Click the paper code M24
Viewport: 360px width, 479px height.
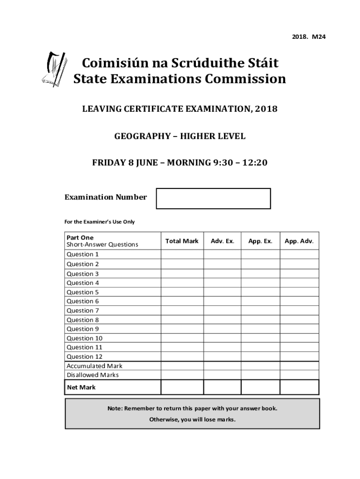coord(319,36)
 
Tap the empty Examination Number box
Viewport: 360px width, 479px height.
coord(213,198)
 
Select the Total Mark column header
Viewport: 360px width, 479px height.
coord(182,241)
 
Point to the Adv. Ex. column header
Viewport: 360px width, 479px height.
coord(222,241)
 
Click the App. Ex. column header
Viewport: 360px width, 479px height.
coord(260,241)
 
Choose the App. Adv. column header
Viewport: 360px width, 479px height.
coord(299,241)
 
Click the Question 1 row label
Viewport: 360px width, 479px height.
coord(83,254)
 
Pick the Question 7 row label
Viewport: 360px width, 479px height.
coord(83,311)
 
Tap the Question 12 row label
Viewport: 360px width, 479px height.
coord(84,356)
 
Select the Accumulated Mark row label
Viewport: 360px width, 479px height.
coord(94,366)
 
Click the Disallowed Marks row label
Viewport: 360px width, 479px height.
coord(93,375)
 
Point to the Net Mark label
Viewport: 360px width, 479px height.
coord(81,387)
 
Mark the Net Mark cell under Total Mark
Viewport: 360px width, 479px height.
coord(182,387)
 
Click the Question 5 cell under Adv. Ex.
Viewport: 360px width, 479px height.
coord(222,292)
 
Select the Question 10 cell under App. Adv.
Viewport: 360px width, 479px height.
coord(299,338)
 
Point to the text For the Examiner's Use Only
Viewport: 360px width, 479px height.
coord(99,222)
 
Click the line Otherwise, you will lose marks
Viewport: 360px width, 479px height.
coord(192,420)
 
